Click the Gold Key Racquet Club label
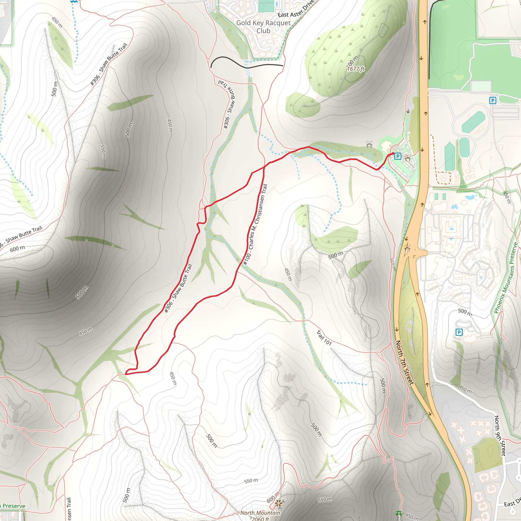[x=263, y=27]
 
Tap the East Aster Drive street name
[x=296, y=9]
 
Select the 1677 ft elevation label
[x=355, y=69]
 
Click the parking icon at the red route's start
[x=398, y=156]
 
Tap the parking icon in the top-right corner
[x=493, y=100]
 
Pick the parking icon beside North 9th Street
[x=459, y=332]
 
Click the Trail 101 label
[x=324, y=338]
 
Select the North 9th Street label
[x=500, y=436]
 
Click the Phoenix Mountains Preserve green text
[x=506, y=278]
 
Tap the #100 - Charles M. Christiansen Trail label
[x=255, y=224]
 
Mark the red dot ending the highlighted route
[x=393, y=153]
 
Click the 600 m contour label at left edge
[x=17, y=249]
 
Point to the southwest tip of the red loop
[x=126, y=374]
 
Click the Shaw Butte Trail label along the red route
[x=178, y=288]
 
